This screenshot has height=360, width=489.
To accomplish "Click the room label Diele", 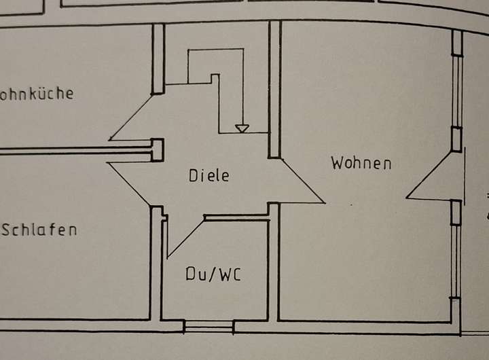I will point(209,175).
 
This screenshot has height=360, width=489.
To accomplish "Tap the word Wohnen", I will point(361,163).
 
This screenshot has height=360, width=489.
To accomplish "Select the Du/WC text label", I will point(213,274).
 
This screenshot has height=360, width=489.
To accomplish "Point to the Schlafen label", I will point(39,230).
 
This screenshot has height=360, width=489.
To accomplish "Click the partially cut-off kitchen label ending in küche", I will point(37,94).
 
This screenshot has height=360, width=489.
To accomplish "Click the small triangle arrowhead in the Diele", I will point(241,128).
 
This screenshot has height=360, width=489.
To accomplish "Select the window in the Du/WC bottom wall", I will point(209,327).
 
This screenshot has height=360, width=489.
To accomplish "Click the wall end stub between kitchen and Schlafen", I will point(157,149).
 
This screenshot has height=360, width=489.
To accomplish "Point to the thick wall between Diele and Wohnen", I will point(274,88).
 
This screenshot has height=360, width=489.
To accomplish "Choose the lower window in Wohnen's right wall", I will point(456,251).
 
